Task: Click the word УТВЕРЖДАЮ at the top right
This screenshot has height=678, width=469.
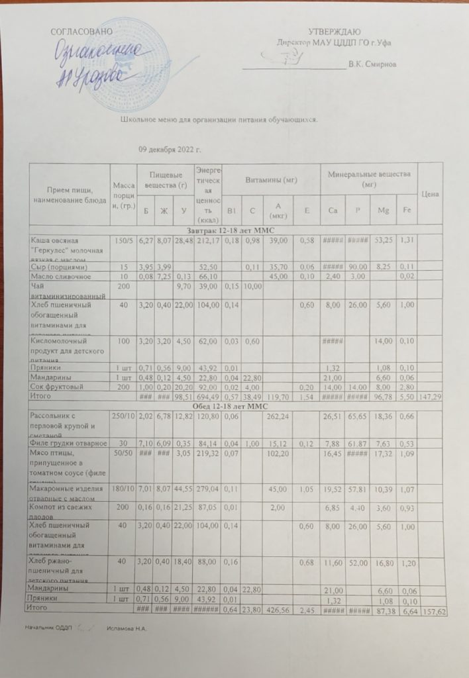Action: [335, 32]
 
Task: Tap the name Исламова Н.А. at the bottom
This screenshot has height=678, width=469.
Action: [126, 627]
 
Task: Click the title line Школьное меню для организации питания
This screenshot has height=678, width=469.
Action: [219, 119]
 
